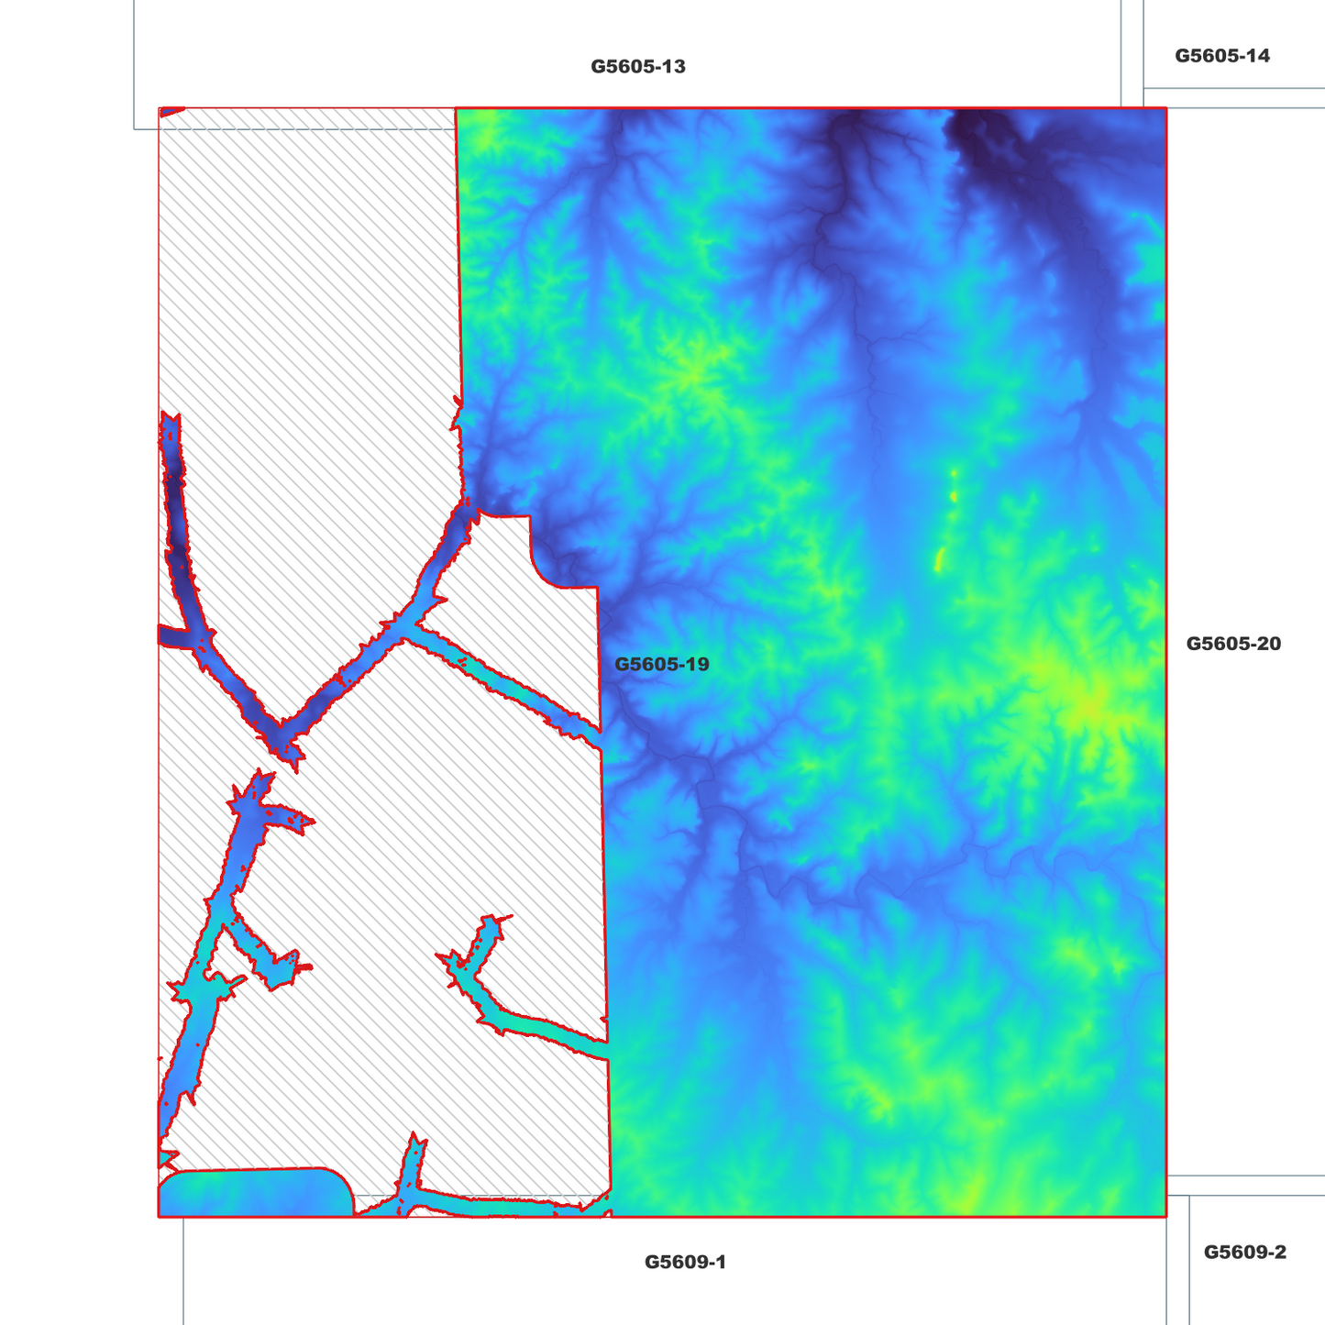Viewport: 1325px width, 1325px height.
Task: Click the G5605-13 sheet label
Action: pyautogui.click(x=637, y=67)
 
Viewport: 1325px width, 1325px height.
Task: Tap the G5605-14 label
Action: pyautogui.click(x=1222, y=56)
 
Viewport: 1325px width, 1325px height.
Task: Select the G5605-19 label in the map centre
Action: pyautogui.click(x=661, y=664)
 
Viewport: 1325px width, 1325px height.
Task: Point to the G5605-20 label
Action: pyautogui.click(x=1233, y=644)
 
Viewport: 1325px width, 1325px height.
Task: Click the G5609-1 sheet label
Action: pyautogui.click(x=685, y=1263)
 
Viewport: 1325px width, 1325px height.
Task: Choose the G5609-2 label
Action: pyautogui.click(x=1244, y=1253)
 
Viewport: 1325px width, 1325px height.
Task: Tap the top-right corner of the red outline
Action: pyautogui.click(x=1165, y=108)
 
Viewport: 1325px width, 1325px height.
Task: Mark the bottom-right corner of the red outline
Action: pyautogui.click(x=1165, y=1217)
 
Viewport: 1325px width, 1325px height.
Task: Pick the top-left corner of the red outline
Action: pyautogui.click(x=160, y=108)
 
